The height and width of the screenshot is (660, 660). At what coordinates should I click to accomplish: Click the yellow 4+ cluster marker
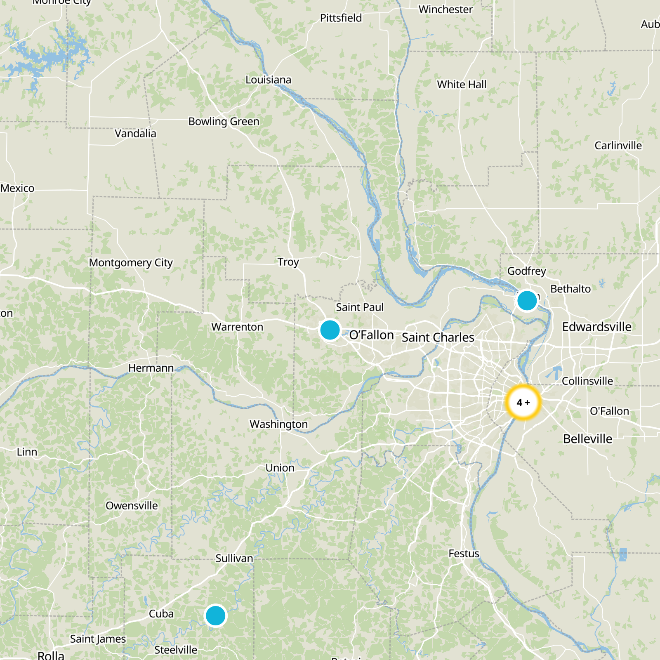click(x=523, y=402)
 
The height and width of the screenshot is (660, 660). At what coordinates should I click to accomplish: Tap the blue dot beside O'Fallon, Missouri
click(x=330, y=330)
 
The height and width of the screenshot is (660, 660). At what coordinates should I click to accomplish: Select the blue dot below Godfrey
click(x=527, y=300)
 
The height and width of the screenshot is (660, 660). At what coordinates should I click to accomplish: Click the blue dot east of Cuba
click(x=215, y=615)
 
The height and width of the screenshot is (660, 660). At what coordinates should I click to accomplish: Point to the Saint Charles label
click(x=438, y=337)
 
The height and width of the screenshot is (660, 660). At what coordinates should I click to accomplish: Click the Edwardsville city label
click(x=596, y=327)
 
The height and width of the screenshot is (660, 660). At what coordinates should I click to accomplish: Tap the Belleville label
click(x=587, y=439)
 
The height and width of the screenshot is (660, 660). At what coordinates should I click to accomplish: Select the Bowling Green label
click(x=224, y=122)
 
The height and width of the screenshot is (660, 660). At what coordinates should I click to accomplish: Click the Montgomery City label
click(x=131, y=263)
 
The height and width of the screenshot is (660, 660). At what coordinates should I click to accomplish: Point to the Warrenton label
click(x=237, y=327)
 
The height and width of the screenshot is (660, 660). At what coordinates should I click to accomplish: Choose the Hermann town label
click(x=151, y=368)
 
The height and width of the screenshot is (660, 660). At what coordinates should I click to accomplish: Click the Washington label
click(x=278, y=424)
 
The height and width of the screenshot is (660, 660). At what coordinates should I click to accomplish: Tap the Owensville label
click(x=132, y=506)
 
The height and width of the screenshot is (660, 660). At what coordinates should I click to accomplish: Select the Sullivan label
click(x=234, y=559)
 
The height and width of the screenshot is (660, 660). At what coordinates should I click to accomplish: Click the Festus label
click(x=464, y=554)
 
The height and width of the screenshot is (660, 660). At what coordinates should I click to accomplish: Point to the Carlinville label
click(x=618, y=146)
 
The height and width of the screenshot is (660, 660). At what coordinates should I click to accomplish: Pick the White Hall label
click(x=462, y=85)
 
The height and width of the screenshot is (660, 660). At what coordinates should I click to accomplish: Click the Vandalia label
click(x=135, y=134)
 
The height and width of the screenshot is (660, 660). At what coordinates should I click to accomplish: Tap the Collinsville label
click(x=587, y=381)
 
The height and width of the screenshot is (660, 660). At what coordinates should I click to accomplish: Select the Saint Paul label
click(x=359, y=307)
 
